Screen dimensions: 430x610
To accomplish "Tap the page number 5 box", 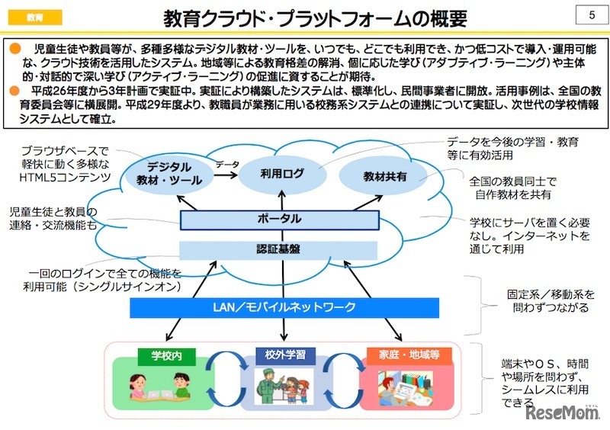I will pyautogui.click(x=592, y=15).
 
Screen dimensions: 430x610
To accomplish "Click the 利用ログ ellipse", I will pyautogui.click(x=281, y=174).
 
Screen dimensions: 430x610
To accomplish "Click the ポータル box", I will pyautogui.click(x=279, y=220).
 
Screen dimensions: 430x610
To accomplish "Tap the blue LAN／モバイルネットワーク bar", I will pyautogui.click(x=284, y=307).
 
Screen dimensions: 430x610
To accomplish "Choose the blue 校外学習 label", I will pyautogui.click(x=279, y=355).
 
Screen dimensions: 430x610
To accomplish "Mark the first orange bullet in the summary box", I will pyautogui.click(x=13, y=49).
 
